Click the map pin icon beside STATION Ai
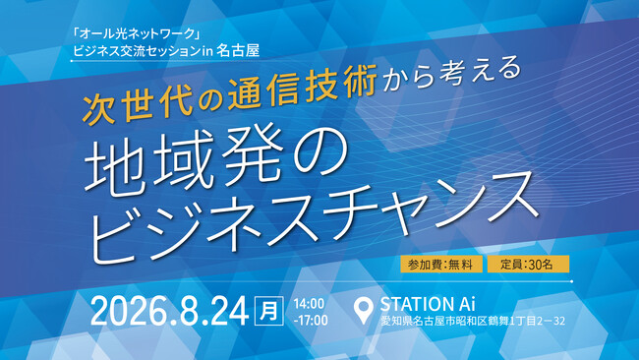point(363,310)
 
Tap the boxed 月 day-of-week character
point(269,311)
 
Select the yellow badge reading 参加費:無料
point(441,265)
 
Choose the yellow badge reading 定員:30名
point(528,265)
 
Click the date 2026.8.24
point(169,312)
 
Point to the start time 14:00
point(309,304)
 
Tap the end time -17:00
point(311,320)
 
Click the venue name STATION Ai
point(428,304)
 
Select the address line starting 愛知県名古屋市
point(473,321)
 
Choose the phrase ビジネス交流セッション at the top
point(138,51)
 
